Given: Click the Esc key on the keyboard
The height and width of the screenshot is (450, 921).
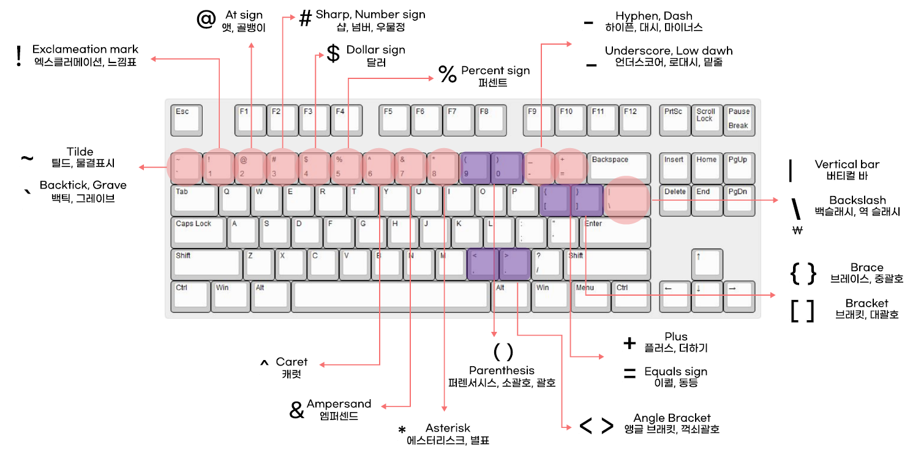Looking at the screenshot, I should (x=186, y=119).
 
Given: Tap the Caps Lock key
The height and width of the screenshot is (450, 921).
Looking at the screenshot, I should (x=198, y=232).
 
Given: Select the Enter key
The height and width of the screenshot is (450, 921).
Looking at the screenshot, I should (x=615, y=232).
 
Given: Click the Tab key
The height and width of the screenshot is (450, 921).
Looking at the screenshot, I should (x=194, y=200).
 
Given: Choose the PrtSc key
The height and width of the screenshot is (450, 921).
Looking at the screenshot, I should (x=675, y=119).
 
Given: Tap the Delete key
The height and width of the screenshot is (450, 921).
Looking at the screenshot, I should (x=675, y=200).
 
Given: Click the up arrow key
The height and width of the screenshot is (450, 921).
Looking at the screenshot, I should (x=707, y=264).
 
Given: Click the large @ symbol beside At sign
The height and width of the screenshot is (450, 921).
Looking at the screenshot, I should (x=206, y=19).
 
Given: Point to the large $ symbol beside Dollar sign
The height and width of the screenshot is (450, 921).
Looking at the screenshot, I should (x=333, y=54).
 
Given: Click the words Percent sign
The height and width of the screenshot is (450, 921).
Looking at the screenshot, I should (x=495, y=70).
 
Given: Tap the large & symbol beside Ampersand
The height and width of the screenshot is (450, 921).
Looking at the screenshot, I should (x=296, y=411).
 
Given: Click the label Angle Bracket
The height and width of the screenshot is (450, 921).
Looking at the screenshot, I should (x=672, y=418).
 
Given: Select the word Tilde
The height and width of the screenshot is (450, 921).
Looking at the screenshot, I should (x=80, y=152).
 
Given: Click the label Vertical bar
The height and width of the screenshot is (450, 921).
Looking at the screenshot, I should (x=846, y=164).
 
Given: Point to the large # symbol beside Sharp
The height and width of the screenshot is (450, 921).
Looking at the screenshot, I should (x=305, y=19).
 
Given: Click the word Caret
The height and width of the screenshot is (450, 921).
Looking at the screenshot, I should (x=291, y=362).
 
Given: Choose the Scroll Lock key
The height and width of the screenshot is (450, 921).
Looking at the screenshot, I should (x=707, y=119).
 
